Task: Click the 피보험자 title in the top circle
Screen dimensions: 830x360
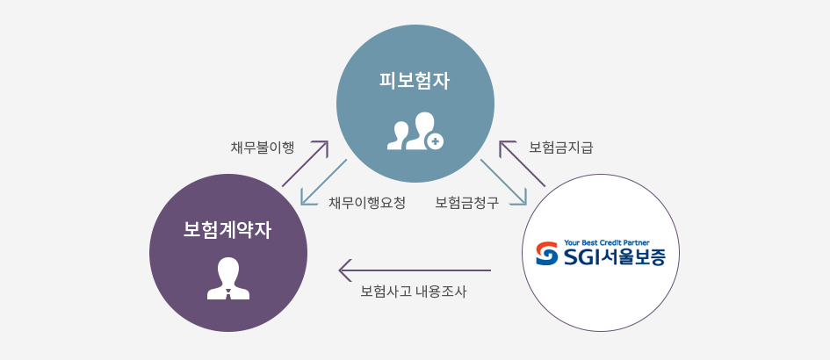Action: [415, 82]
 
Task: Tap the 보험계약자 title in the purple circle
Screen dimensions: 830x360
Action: [227, 230]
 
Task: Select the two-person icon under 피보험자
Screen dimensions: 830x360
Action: [415, 131]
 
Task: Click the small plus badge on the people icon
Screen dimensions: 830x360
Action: [435, 140]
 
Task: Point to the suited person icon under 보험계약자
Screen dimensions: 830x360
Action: [228, 278]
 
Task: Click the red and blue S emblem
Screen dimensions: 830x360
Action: [546, 254]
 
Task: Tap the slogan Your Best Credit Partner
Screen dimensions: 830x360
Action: [607, 242]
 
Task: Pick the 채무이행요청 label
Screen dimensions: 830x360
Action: [367, 203]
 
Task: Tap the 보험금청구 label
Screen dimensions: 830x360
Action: [467, 203]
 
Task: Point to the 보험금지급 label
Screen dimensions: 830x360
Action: [561, 148]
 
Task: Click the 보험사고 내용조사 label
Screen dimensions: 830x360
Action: [414, 292]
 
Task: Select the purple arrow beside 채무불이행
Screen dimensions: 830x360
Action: [306, 163]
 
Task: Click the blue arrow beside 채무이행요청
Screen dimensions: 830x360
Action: [323, 182]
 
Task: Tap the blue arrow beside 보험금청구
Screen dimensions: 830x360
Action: [504, 182]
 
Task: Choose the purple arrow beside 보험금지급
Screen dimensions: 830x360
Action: [523, 163]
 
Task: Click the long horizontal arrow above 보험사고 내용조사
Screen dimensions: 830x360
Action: [415, 270]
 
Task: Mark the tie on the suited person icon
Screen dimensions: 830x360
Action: [228, 294]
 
